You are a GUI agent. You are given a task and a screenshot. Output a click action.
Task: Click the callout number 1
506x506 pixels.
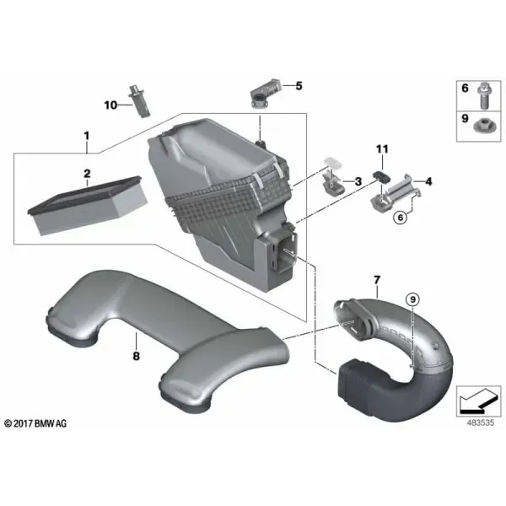pyautogui.click(x=87, y=136)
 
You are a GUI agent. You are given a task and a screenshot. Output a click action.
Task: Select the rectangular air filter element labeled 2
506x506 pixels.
pyautogui.click(x=88, y=205)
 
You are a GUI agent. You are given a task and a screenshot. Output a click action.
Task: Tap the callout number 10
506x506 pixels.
pyautogui.click(x=110, y=105)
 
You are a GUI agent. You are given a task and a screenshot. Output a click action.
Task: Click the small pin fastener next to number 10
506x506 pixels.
pyautogui.click(x=139, y=101)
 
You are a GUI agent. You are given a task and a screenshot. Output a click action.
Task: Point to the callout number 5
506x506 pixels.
pyautogui.click(x=299, y=86)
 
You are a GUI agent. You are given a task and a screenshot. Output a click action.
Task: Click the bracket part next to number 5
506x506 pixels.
pyautogui.click(x=265, y=94)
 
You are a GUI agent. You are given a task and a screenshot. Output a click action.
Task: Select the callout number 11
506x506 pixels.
pyautogui.click(x=382, y=149)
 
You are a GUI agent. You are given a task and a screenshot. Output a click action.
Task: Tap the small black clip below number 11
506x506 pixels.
pyautogui.click(x=381, y=176)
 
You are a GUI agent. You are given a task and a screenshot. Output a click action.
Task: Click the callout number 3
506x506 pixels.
pyautogui.click(x=358, y=181)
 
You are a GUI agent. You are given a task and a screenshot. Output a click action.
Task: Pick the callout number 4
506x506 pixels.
pyautogui.click(x=428, y=181)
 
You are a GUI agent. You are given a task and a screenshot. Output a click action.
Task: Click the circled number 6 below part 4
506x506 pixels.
pyautogui.click(x=401, y=218)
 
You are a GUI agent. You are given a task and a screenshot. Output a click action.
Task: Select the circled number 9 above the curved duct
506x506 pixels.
pyautogui.click(x=413, y=299)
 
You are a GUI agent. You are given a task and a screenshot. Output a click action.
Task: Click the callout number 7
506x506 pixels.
pyautogui.click(x=377, y=280)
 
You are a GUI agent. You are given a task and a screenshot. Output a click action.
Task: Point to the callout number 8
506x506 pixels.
pyautogui.click(x=136, y=356)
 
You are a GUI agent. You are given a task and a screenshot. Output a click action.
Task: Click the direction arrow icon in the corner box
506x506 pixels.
pyautogui.click(x=478, y=401)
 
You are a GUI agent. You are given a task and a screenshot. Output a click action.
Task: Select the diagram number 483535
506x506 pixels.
pyautogui.click(x=480, y=423)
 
